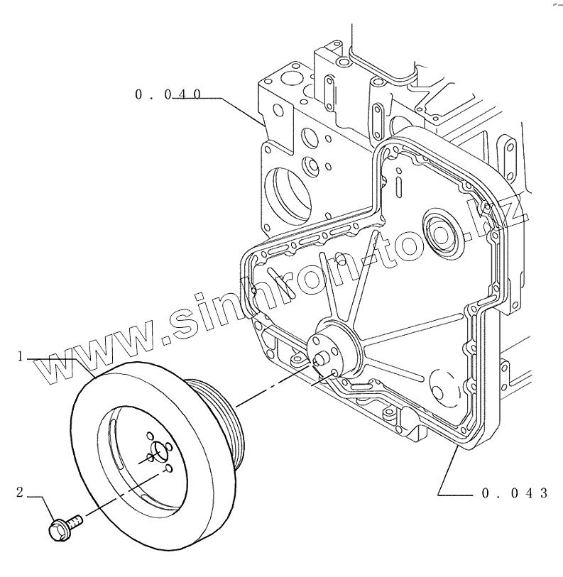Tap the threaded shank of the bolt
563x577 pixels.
coord(75,522)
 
